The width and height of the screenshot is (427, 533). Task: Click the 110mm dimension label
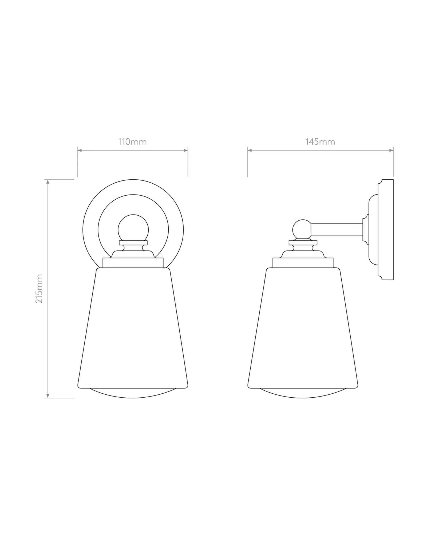[x=132, y=142]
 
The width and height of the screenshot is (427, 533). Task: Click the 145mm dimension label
[x=320, y=142]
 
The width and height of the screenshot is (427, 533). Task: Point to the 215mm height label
[x=39, y=288]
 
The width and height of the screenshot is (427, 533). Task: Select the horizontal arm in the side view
[x=337, y=230]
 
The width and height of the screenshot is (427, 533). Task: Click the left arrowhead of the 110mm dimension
[x=79, y=151]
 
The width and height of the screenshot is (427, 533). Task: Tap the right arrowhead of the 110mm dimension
[x=186, y=151]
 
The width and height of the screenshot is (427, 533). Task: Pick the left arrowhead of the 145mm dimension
[x=249, y=151]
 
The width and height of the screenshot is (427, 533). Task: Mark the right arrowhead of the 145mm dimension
[x=392, y=151]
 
